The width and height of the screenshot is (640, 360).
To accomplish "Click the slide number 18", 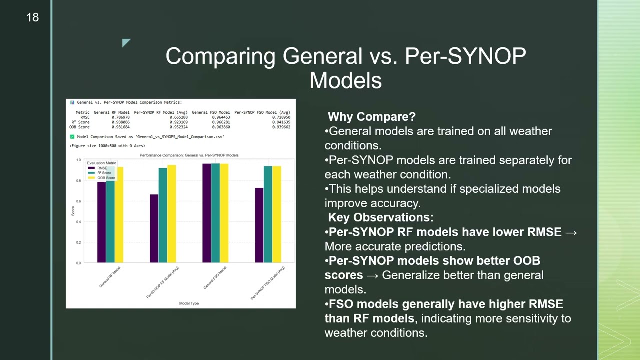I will (32, 18).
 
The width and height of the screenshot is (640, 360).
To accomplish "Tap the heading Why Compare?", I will (371, 117).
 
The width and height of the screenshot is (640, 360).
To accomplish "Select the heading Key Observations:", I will (380, 217).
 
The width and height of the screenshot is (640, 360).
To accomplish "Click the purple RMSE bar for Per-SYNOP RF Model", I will (154, 228).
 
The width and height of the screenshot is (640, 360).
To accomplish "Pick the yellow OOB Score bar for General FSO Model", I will (224, 213).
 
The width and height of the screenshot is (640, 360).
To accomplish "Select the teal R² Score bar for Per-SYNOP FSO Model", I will (268, 214).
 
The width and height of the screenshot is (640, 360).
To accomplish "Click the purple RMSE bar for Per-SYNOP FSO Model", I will (259, 225).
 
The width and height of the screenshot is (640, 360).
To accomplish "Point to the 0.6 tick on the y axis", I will (78, 201).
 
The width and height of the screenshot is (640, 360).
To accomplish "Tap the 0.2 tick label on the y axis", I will (78, 242).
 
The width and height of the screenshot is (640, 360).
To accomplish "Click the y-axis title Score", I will (73, 211).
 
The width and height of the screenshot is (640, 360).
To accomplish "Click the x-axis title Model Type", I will (189, 303).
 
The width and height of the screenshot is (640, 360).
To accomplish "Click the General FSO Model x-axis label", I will (215, 278).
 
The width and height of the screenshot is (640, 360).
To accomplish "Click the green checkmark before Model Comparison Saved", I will (72, 136).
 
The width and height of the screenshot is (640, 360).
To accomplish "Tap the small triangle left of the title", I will (126, 43).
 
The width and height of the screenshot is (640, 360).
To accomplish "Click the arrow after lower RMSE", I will (571, 232).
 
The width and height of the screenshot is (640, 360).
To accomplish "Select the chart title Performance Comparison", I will (189, 155).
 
